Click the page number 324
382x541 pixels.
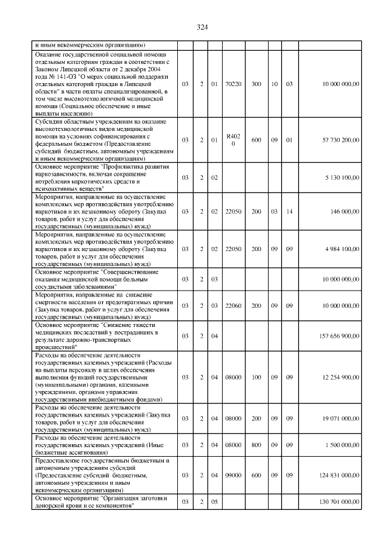pyautogui.click(x=201, y=26)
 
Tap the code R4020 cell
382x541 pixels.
pyautogui.click(x=234, y=139)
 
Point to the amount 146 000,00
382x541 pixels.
pyautogui.click(x=345, y=211)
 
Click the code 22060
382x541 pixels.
pyautogui.click(x=234, y=305)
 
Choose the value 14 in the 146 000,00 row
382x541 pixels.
pyautogui.click(x=289, y=211)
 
